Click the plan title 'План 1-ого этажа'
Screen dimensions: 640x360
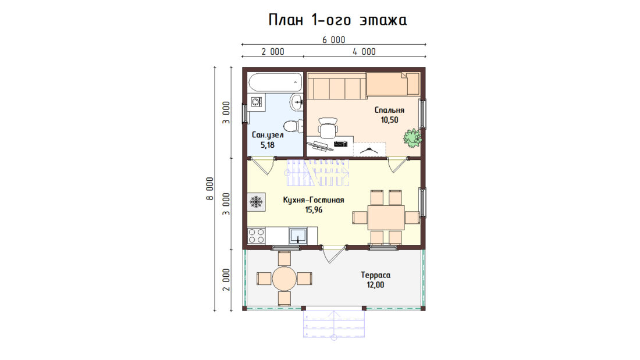[337, 20]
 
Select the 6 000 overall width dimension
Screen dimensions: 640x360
[334, 40]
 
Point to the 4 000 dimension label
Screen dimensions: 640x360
[364, 51]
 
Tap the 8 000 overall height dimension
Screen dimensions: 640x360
[210, 188]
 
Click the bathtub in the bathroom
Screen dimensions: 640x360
[275, 82]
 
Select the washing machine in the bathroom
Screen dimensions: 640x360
[257, 102]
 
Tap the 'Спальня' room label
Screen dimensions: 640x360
[389, 110]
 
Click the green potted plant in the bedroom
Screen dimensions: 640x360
[413, 138]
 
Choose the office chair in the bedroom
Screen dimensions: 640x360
[328, 128]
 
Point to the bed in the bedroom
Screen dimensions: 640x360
[393, 84]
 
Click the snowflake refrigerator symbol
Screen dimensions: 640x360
[257, 202]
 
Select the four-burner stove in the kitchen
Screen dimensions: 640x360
[257, 236]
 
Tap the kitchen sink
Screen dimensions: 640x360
[297, 236]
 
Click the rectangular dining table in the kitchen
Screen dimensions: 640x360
[386, 218]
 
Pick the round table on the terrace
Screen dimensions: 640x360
[285, 279]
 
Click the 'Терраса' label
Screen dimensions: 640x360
[375, 275]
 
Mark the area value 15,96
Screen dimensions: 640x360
[314, 210]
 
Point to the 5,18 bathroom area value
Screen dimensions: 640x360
[268, 145]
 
